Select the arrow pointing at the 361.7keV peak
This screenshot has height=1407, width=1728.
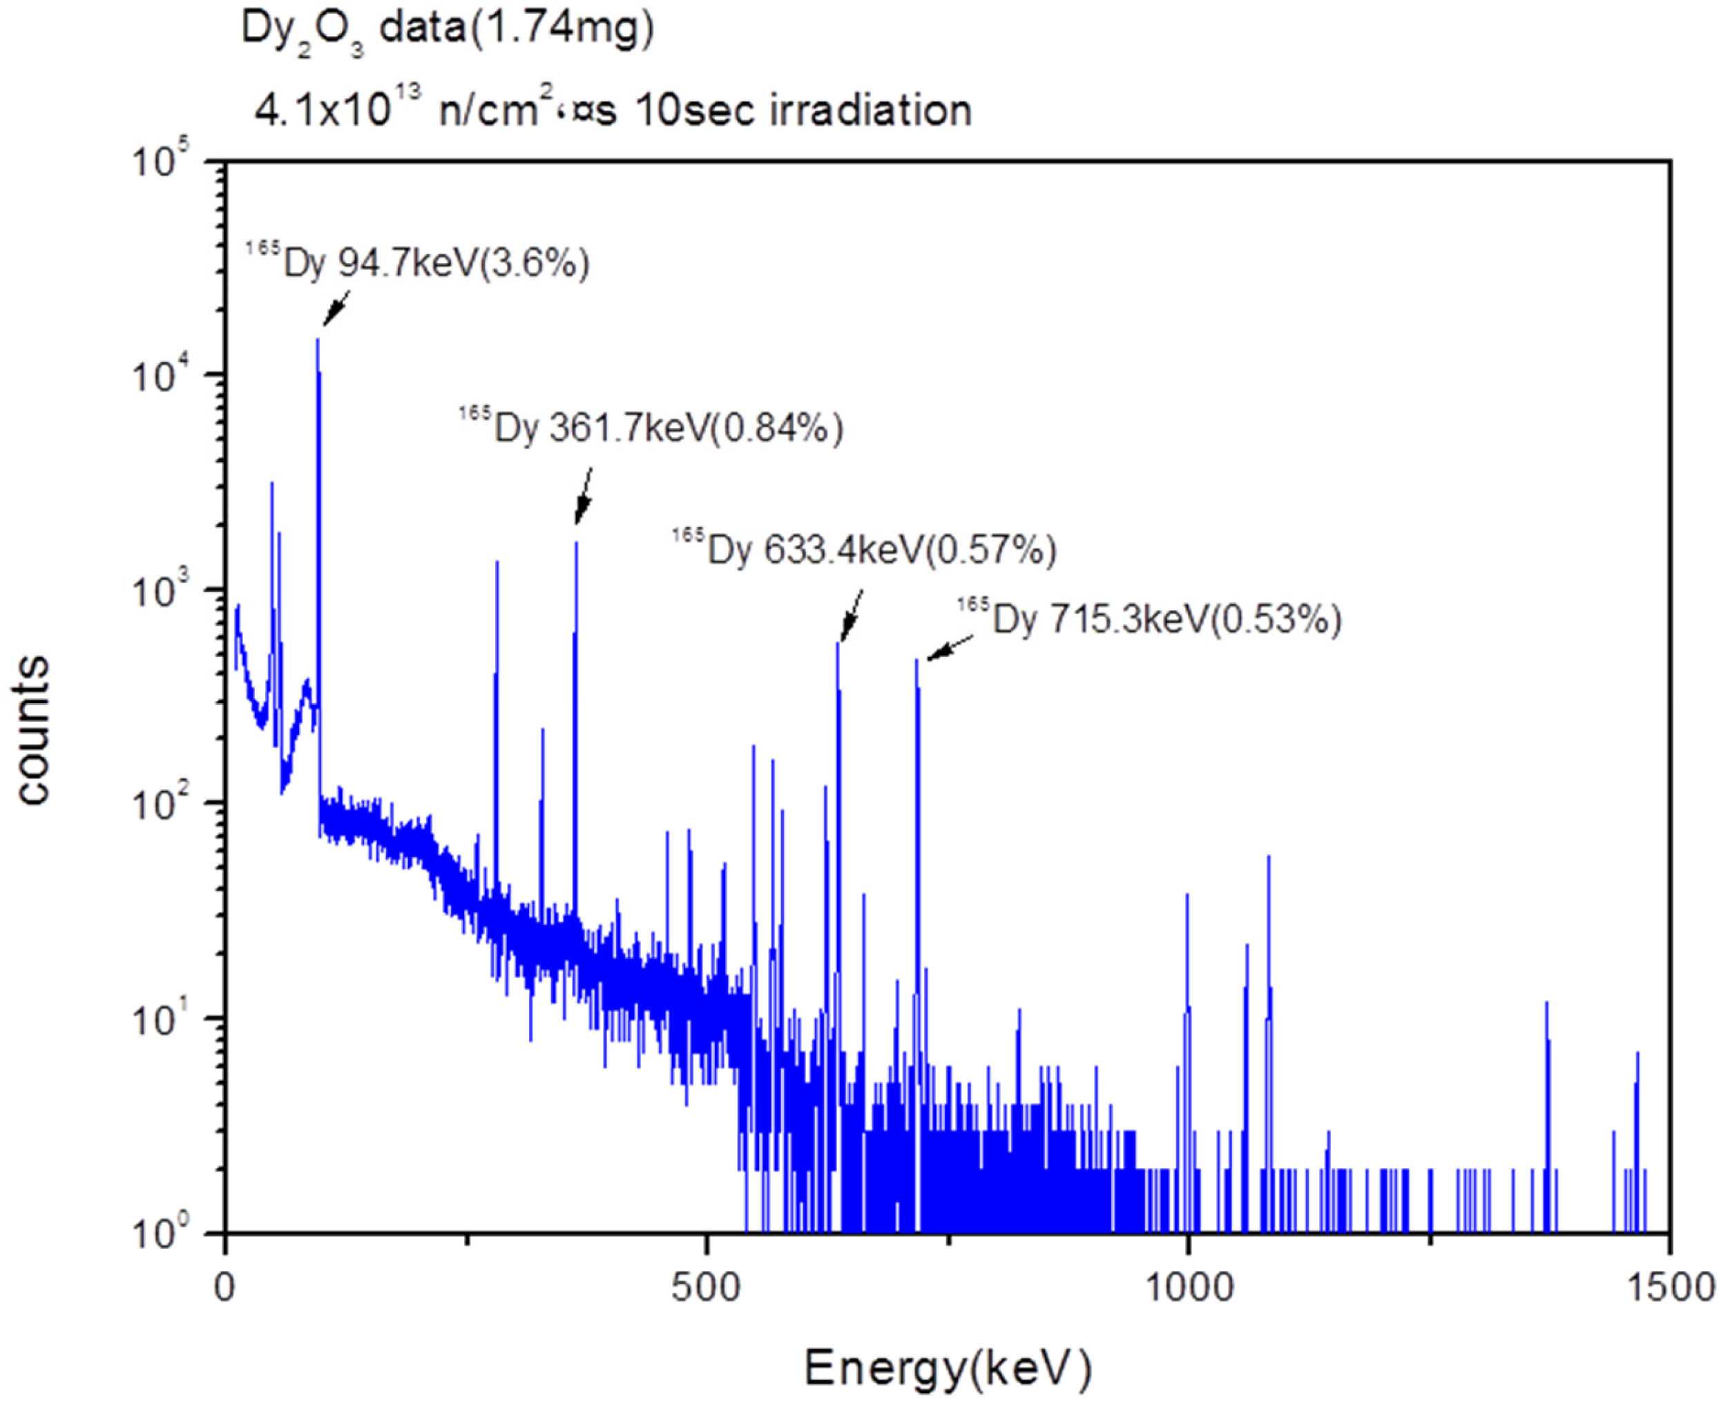click(x=584, y=495)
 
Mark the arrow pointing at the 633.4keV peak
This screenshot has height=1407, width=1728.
click(x=851, y=615)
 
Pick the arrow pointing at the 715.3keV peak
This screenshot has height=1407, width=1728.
click(x=951, y=648)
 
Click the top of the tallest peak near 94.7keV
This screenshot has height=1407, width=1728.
click(x=318, y=341)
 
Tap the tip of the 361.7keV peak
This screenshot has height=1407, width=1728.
click(x=576, y=543)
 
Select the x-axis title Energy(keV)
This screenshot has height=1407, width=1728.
click(x=948, y=1368)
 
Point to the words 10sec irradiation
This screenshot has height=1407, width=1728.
click(x=803, y=109)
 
